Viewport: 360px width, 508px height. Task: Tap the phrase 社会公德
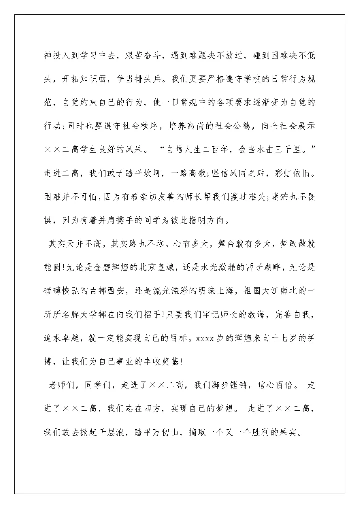point(231,127)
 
